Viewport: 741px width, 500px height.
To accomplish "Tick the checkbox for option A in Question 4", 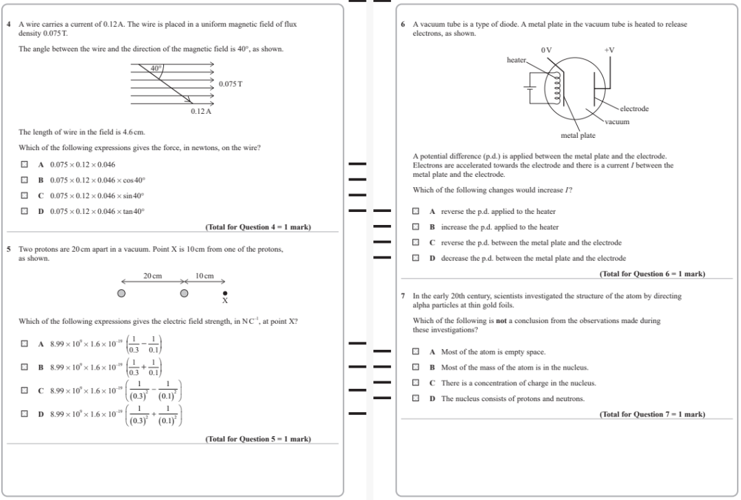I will [25, 165].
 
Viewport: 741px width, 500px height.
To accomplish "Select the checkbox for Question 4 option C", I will [25, 196].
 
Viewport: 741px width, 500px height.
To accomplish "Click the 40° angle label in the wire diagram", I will [157, 68].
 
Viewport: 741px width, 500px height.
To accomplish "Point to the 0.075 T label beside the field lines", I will [231, 84].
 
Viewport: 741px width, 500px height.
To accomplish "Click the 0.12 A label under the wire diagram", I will [200, 111].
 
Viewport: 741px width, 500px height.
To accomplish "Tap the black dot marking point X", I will [224, 294].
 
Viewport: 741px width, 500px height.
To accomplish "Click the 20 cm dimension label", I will [152, 276].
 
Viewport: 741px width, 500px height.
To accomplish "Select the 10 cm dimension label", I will [204, 276].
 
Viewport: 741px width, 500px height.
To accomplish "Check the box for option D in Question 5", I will [25, 414].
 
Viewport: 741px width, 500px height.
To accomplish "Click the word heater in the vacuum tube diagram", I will [516, 60].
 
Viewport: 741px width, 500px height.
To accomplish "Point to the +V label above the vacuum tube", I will [609, 50].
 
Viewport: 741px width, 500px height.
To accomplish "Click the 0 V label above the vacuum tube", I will [546, 50].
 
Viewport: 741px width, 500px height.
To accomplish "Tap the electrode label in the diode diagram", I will [634, 109].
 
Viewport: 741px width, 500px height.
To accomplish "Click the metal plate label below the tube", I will [578, 135].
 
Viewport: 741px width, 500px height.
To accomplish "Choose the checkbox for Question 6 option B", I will [416, 227].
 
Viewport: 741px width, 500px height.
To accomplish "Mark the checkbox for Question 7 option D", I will [416, 398].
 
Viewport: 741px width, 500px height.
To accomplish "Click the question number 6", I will [403, 24].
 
